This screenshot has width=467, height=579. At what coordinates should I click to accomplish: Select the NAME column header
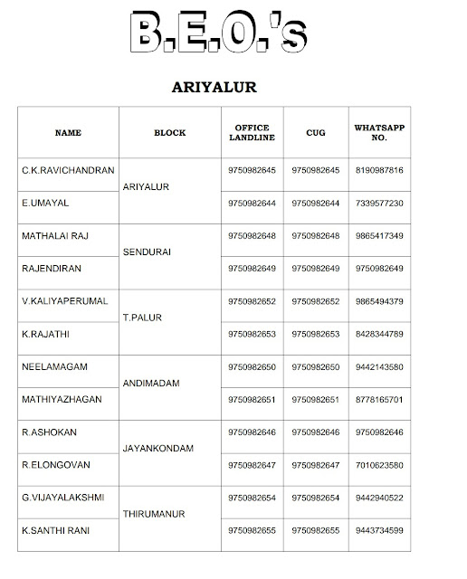coord(68,133)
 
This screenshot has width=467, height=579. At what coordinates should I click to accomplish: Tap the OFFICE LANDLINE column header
coord(253,133)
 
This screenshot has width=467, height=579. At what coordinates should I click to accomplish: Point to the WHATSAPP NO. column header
coord(379,133)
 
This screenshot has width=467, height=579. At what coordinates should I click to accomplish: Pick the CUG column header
coord(316,133)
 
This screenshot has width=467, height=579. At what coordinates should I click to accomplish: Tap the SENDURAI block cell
coord(148,252)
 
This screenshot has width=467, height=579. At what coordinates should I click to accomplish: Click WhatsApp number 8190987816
coord(379,170)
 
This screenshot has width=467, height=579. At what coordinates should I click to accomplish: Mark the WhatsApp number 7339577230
coord(379,204)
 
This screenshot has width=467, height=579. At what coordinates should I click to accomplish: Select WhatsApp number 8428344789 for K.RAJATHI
coord(379,335)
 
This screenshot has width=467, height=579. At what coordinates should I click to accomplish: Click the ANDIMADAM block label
coord(152,384)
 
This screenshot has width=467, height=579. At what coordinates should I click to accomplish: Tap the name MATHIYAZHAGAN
coord(62,400)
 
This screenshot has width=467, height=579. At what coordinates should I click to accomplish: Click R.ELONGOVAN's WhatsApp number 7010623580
coord(379,466)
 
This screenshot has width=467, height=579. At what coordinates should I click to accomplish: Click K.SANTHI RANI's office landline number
coord(253,531)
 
